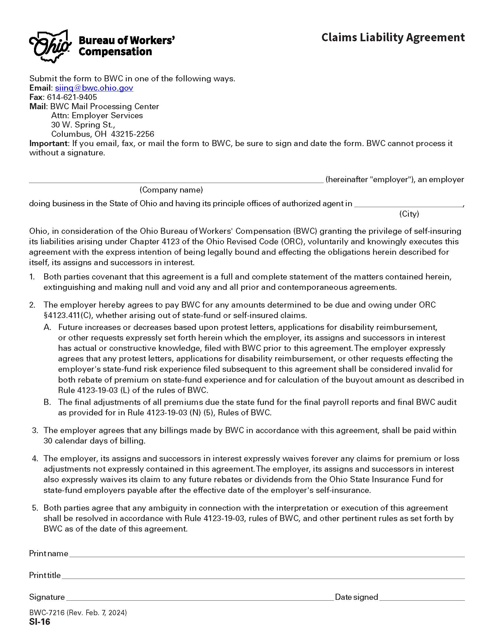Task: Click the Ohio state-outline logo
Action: pos(50,46)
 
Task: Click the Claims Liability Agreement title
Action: pos(393,37)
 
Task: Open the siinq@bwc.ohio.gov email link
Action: pos(94,88)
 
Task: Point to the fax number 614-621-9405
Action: pos(72,97)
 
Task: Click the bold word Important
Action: pos(48,143)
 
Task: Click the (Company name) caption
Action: pos(171,190)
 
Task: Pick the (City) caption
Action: pos(409,214)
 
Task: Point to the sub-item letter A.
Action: pos(47,327)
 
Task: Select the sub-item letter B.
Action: pos(47,402)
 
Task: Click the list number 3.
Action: pos(35,430)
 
